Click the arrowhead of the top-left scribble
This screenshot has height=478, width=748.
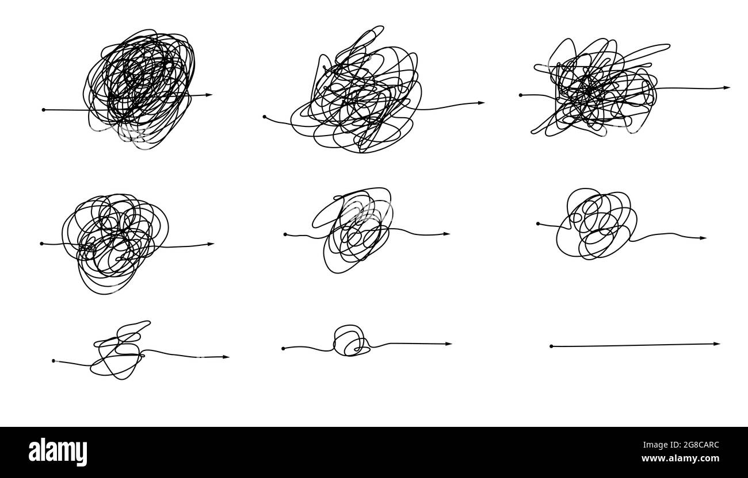click(x=209, y=95)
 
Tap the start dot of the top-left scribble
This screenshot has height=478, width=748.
click(x=44, y=110)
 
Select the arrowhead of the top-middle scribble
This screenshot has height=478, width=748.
click(x=482, y=103)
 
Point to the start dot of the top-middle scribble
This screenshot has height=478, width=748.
click(x=265, y=117)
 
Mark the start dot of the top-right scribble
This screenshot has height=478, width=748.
click(x=521, y=95)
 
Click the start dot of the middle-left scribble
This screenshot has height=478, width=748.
click(x=41, y=244)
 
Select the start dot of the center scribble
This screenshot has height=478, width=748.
click(x=285, y=234)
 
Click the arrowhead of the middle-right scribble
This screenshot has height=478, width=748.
click(x=703, y=238)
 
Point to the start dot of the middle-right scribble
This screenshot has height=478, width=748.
click(x=538, y=223)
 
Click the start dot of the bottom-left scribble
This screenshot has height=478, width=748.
click(x=54, y=361)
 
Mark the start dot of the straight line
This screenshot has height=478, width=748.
click(x=551, y=346)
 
